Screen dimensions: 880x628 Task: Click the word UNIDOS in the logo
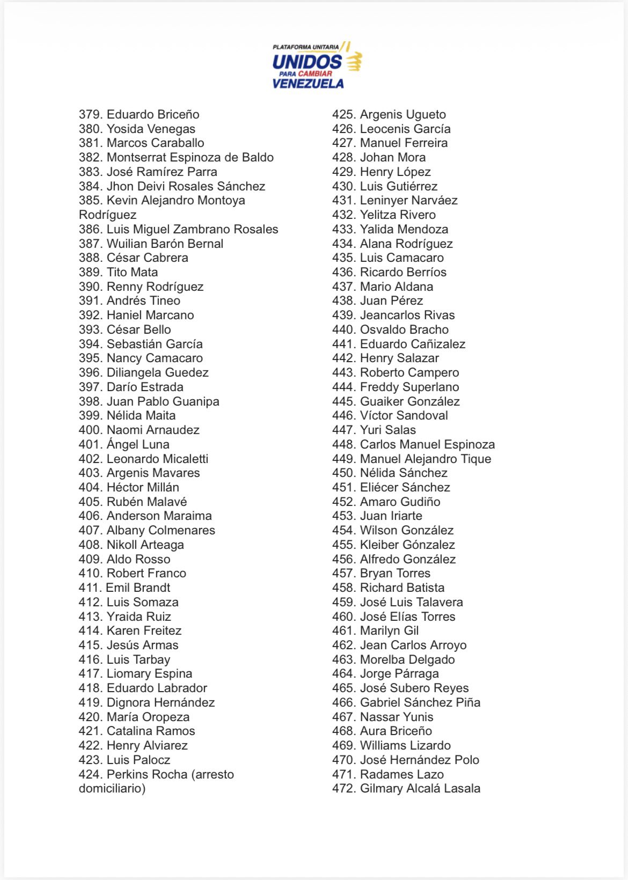(x=306, y=62)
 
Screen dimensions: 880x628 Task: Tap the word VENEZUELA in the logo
(x=308, y=83)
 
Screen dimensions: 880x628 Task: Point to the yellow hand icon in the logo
(x=354, y=61)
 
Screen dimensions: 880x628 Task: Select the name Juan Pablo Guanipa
(x=163, y=401)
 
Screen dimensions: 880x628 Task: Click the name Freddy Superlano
(x=409, y=387)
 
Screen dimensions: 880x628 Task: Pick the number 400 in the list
(x=90, y=430)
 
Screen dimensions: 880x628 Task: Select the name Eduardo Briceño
(x=153, y=114)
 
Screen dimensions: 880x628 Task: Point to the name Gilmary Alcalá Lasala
(x=420, y=788)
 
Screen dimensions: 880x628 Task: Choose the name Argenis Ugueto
(x=403, y=114)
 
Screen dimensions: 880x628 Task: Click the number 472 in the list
(x=344, y=788)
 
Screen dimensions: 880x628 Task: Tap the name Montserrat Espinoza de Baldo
(x=190, y=157)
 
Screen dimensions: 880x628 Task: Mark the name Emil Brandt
(x=138, y=588)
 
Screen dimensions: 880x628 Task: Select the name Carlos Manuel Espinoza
(x=427, y=444)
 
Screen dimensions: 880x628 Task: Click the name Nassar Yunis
(x=397, y=717)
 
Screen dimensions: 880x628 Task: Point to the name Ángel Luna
(x=138, y=444)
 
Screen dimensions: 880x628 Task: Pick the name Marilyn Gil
(x=389, y=630)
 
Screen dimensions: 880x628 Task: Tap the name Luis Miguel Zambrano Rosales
(x=192, y=229)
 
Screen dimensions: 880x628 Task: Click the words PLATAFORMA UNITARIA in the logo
(x=305, y=48)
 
